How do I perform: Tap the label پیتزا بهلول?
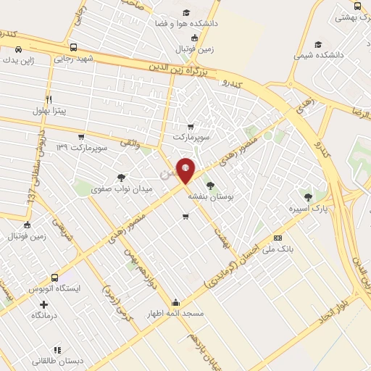tap(49, 111)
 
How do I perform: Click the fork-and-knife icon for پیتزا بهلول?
tap(49, 99)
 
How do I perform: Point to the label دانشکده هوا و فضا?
tap(185, 24)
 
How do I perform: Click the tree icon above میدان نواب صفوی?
tap(121, 178)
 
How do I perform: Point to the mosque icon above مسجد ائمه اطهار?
tap(175, 302)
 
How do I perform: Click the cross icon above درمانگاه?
tap(43, 304)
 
